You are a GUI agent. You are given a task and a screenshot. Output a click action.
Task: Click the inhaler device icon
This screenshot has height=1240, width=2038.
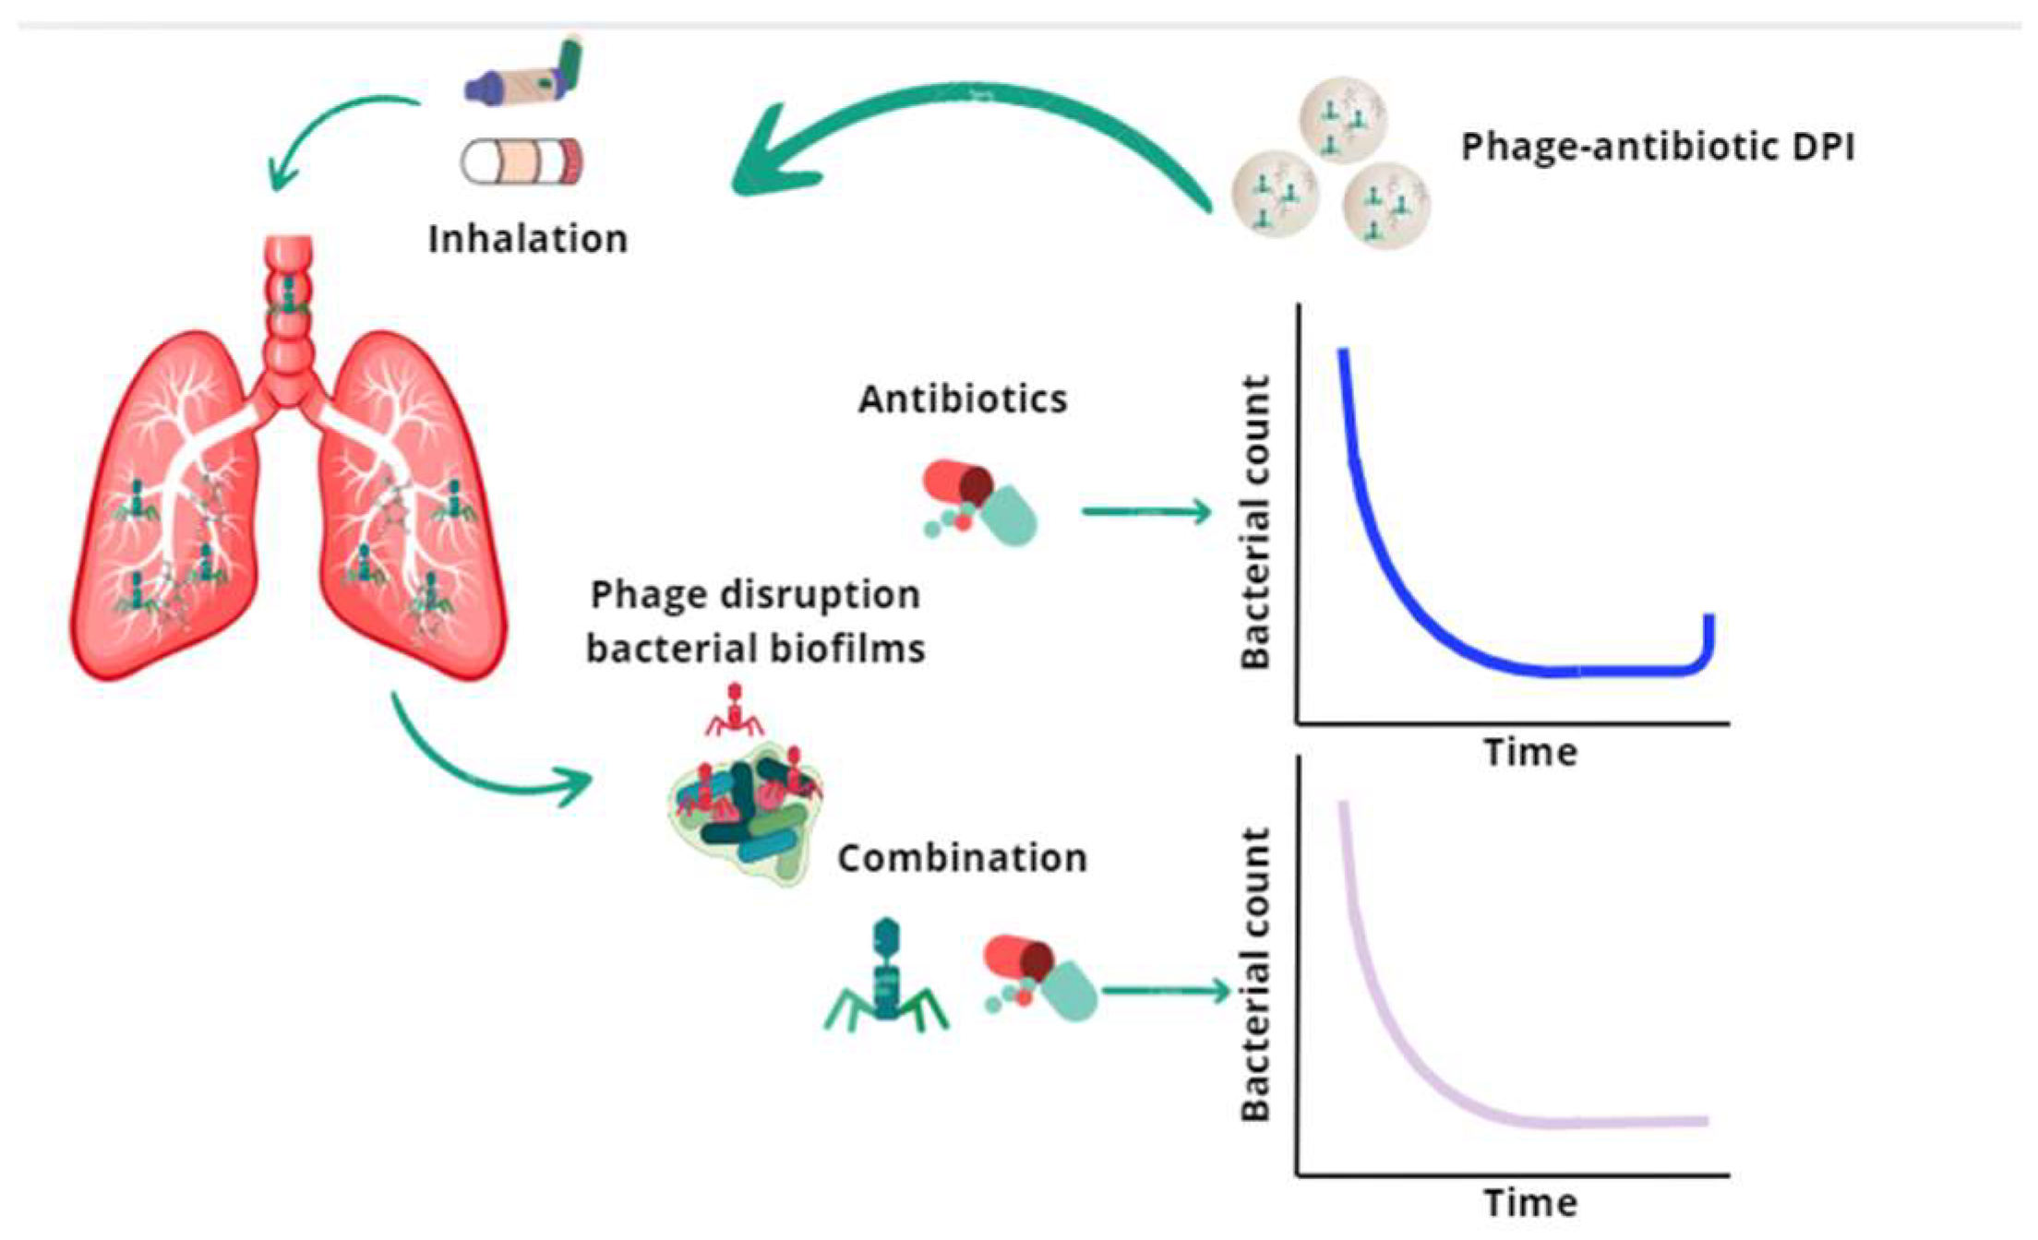524,74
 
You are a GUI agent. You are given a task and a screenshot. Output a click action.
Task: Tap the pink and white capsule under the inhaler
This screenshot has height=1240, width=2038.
522,162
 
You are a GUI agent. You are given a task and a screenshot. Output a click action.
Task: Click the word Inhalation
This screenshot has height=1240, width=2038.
528,239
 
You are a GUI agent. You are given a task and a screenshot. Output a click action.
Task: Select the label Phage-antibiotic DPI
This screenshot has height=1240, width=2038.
1657,148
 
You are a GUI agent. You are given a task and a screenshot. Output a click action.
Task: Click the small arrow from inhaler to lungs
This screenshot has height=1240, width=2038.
323,129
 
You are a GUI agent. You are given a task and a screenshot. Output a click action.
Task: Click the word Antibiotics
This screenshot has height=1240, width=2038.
963,399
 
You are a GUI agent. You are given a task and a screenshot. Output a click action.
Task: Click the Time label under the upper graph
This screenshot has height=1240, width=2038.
1530,752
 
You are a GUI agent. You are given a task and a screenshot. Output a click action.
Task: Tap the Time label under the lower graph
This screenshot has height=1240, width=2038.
1530,1203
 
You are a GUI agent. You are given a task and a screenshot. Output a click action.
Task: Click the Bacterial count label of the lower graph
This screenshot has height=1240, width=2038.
1256,973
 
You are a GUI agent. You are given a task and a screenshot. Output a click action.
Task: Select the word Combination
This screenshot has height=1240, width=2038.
962,858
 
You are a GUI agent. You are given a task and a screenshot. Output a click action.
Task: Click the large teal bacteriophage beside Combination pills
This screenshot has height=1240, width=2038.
886,978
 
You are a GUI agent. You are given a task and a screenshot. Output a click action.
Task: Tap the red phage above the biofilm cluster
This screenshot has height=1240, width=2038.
735,710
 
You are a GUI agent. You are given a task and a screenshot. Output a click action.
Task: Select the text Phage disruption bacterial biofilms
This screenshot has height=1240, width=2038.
755,622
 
